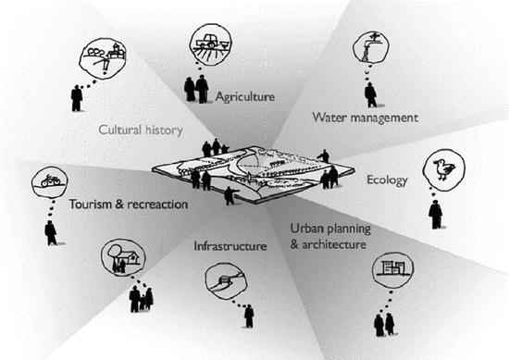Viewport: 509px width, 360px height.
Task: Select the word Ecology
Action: click(x=387, y=180)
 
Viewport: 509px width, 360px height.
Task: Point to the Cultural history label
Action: click(x=141, y=130)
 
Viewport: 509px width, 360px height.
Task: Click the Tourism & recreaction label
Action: click(x=129, y=204)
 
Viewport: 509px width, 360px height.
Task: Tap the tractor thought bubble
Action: click(x=209, y=43)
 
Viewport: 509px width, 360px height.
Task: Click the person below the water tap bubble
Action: click(x=370, y=93)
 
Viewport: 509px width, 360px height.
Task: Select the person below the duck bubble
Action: click(x=435, y=215)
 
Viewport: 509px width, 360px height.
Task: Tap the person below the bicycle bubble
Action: click(x=50, y=231)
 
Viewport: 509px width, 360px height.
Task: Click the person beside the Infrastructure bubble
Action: click(x=249, y=316)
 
